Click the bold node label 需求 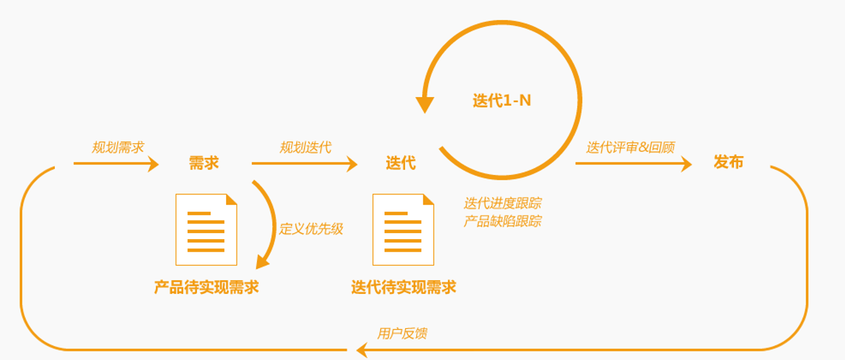pos(203,163)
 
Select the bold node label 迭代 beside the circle pos(400,163)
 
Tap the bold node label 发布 pos(729,162)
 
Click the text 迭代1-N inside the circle pos(501,101)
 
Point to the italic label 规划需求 pos(118,147)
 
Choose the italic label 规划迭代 pos(305,147)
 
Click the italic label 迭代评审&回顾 pos(630,147)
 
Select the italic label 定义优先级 pos(311,229)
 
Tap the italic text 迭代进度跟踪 pos(503,203)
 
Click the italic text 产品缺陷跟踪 pos(503,221)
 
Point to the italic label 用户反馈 pos(402,334)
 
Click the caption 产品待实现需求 pos(206,287)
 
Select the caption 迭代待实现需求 pos(404,287)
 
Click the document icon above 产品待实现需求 pos(206,229)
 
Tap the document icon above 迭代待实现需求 pos(403,229)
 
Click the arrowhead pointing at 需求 pos(153,164)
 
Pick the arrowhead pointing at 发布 pos(686,164)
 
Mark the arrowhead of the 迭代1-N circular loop pos(425,104)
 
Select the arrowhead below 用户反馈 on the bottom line pos(362,350)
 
